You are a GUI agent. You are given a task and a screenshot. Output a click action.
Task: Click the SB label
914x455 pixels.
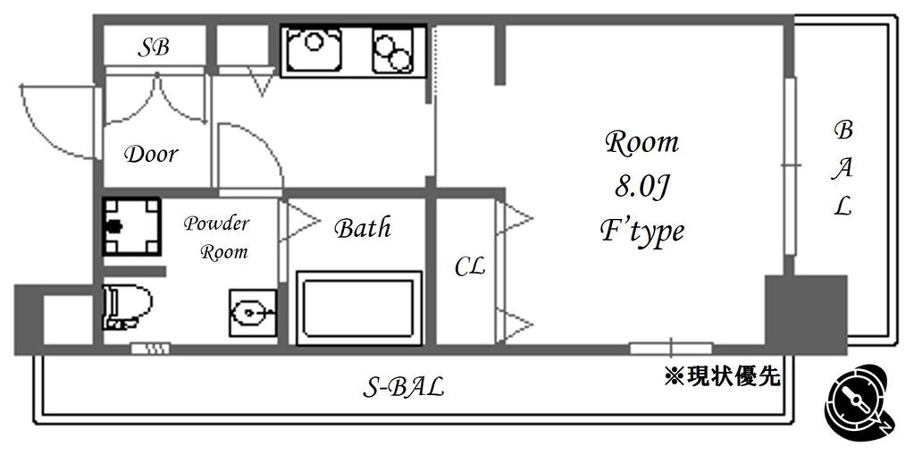[154, 48]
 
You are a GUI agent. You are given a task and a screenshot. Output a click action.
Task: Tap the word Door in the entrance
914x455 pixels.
[151, 155]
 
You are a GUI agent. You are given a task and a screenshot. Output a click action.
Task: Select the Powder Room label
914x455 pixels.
[216, 238]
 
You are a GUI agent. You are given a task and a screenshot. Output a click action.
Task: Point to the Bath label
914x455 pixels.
[362, 228]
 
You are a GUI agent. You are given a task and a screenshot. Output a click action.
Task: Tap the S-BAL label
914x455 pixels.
[404, 387]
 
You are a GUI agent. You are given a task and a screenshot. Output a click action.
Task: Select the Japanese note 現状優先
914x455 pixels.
[722, 376]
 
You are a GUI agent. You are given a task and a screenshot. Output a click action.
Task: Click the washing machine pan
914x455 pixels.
[131, 226]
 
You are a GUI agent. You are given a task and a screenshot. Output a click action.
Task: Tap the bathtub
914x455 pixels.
[359, 308]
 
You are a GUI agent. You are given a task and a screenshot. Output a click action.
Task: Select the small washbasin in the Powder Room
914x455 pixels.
[252, 313]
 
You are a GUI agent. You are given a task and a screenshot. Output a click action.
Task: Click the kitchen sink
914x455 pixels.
[313, 49]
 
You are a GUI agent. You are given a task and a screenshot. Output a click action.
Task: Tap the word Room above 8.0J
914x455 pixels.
[642, 142]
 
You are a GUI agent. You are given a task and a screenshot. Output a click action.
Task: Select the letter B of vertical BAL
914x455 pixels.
[843, 131]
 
